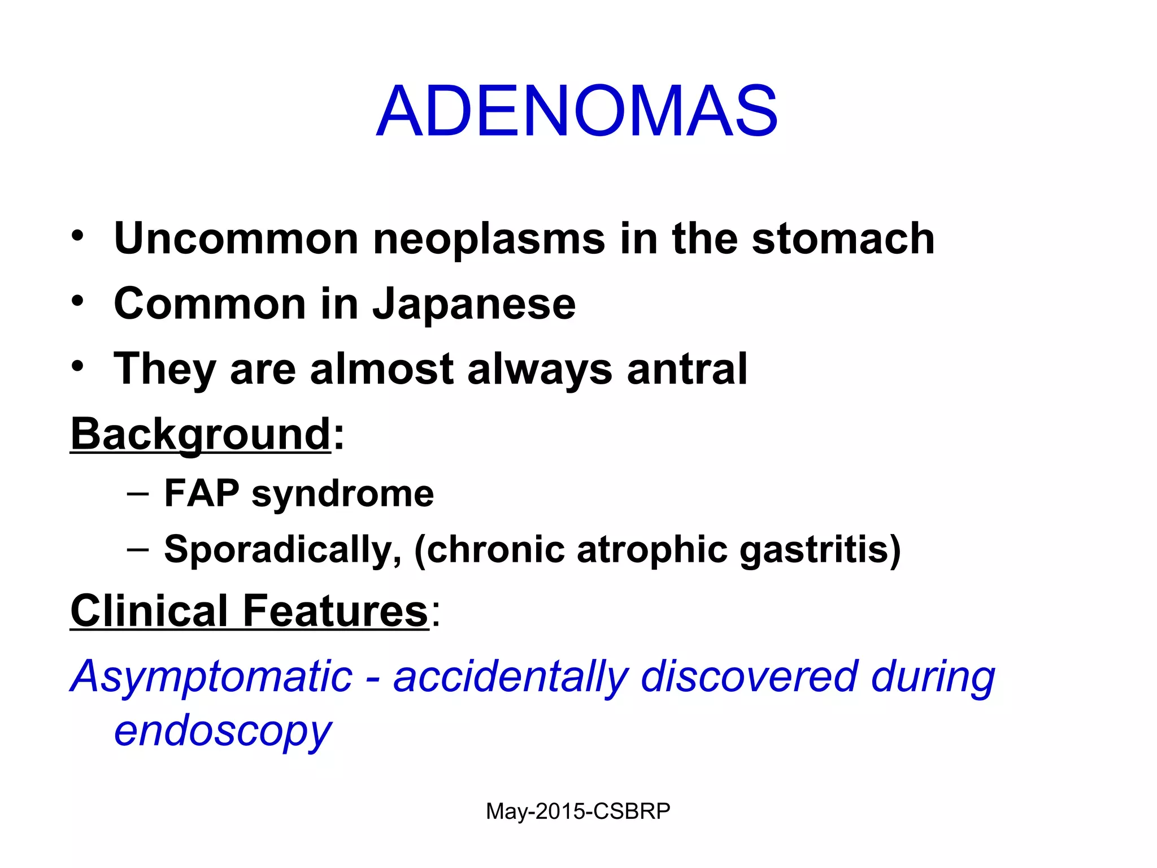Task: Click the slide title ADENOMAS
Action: pos(577,111)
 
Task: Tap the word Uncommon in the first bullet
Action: pos(236,238)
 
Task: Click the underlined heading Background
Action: pos(201,435)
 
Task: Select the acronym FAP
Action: pos(202,493)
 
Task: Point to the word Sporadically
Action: pos(282,550)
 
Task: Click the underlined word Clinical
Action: pos(149,611)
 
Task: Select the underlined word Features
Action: pos(335,611)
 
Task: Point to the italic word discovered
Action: pos(749,676)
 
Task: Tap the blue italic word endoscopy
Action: pos(223,731)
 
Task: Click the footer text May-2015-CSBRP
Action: pos(578,811)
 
